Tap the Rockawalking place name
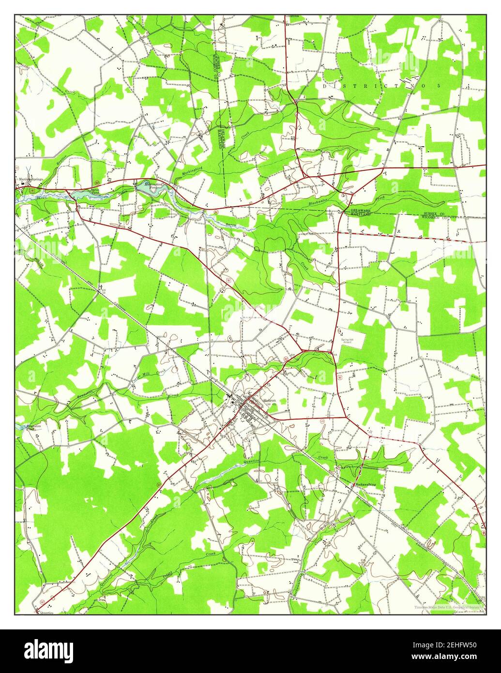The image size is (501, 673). (366, 484)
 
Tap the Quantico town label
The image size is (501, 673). (43, 613)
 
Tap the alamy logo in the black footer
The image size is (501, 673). (49, 650)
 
